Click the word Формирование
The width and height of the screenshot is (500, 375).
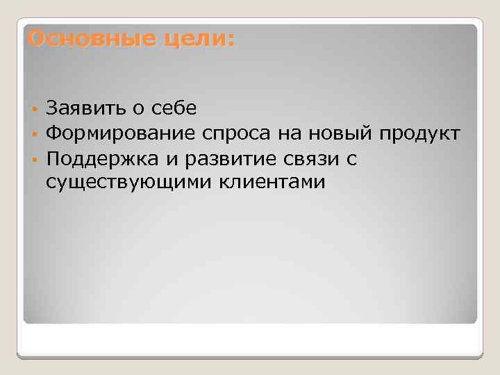point(119,134)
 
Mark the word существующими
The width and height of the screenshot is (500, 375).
point(130,183)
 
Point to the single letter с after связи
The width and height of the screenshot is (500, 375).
point(351,160)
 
